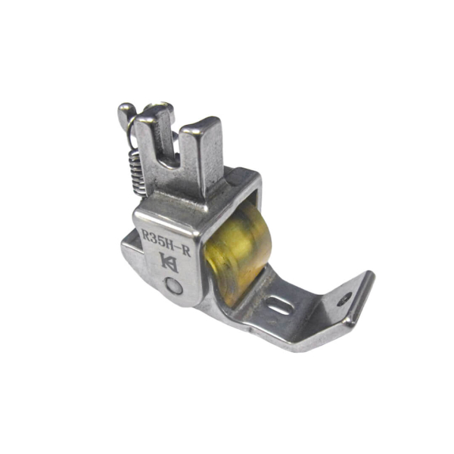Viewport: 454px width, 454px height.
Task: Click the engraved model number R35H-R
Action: coord(166,243)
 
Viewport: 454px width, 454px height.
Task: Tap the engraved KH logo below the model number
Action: coord(169,263)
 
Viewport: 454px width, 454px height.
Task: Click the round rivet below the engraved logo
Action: coord(174,286)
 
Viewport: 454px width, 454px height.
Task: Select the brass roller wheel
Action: coord(239,250)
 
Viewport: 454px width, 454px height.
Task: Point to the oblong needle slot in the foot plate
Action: coord(278,306)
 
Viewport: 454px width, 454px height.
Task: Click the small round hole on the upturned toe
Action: coord(345,298)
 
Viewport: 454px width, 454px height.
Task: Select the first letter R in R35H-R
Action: coord(145,235)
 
